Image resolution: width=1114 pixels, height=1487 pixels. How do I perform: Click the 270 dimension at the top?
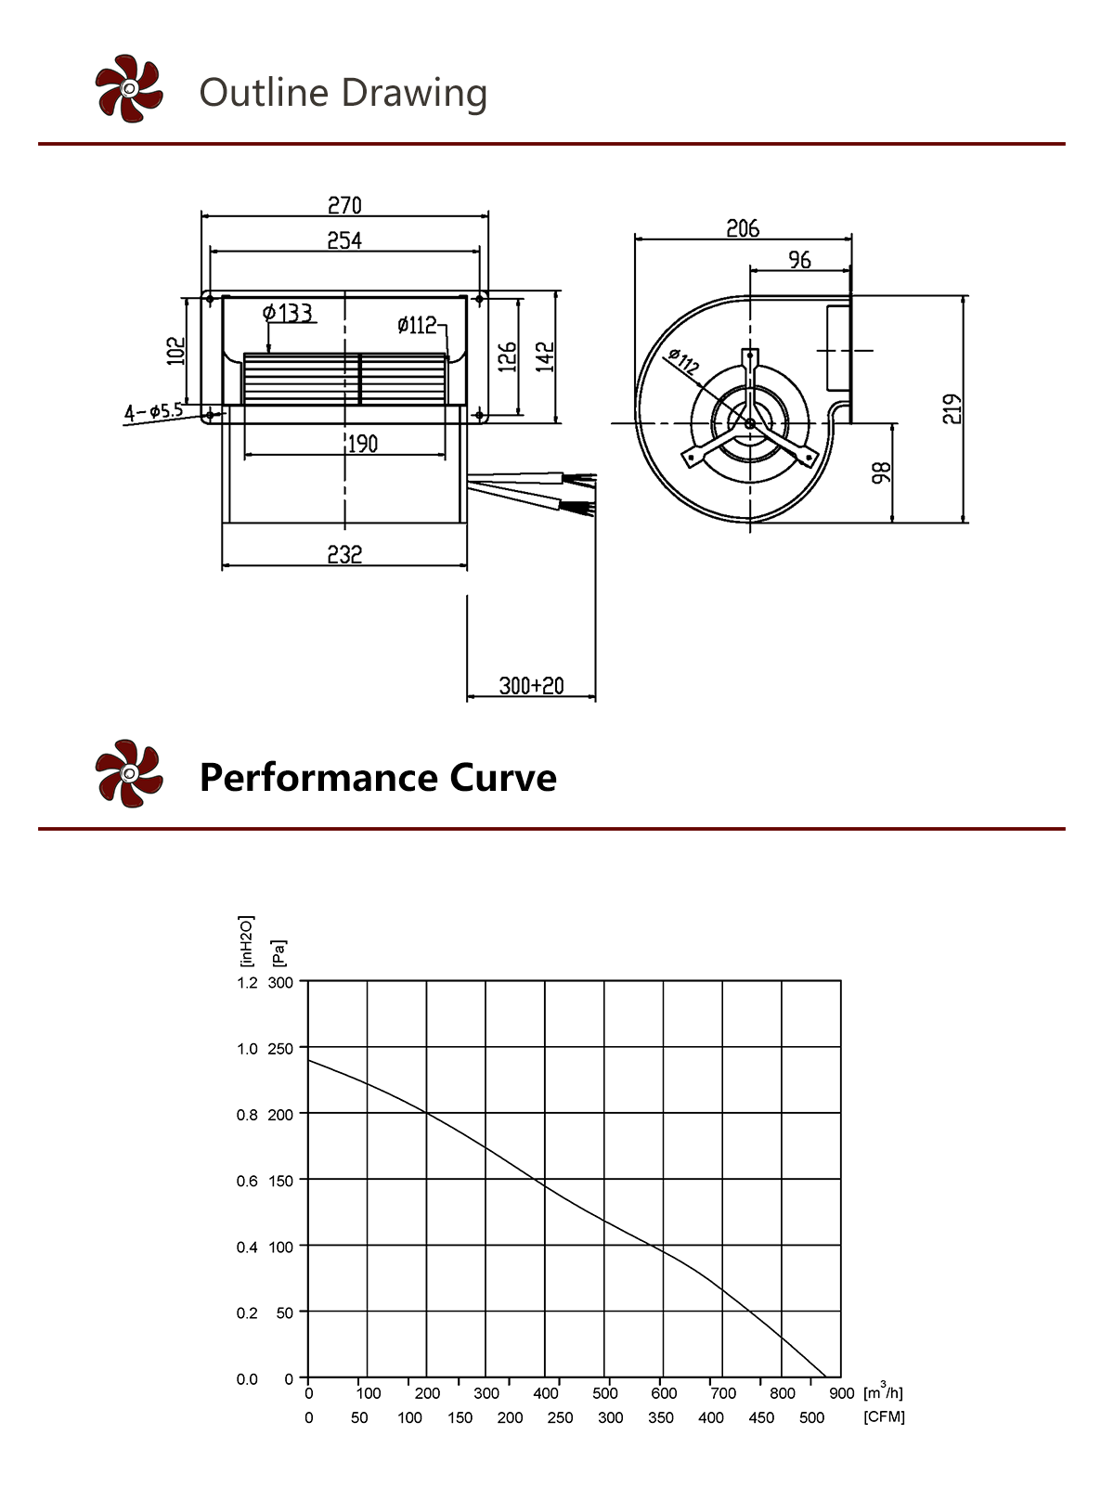tap(344, 205)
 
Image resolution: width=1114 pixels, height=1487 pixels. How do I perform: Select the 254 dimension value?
tap(344, 240)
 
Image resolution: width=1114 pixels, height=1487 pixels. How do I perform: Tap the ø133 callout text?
tap(288, 313)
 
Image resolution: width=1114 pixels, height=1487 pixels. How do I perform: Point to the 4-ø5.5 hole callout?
tap(154, 410)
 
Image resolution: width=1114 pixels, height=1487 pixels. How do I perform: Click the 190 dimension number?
tap(362, 444)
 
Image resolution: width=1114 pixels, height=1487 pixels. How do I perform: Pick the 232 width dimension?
tap(344, 554)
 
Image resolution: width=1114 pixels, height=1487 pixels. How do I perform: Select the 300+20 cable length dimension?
tap(531, 686)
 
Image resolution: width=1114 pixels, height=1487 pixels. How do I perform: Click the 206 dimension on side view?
tap(743, 228)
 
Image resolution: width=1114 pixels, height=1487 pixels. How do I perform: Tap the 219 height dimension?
tap(952, 409)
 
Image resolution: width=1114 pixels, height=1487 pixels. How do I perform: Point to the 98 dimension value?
tap(882, 472)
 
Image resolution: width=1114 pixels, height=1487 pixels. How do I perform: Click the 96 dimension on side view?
tap(799, 260)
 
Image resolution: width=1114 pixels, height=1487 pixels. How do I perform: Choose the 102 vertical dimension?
tap(175, 351)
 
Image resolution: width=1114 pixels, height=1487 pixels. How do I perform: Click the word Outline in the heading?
tap(265, 93)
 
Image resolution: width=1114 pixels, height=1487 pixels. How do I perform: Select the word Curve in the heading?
tap(503, 778)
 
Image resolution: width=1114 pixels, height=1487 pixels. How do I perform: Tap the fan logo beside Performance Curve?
tap(129, 773)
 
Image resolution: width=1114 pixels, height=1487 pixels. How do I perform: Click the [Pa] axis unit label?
tap(278, 952)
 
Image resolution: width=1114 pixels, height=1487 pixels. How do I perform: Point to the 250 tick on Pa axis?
tap(280, 1049)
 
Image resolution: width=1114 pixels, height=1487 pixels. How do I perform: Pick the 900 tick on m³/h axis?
tap(841, 1393)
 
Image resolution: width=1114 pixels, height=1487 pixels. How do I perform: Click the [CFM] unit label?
tap(884, 1417)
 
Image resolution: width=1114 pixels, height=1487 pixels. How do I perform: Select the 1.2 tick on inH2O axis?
tap(247, 983)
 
